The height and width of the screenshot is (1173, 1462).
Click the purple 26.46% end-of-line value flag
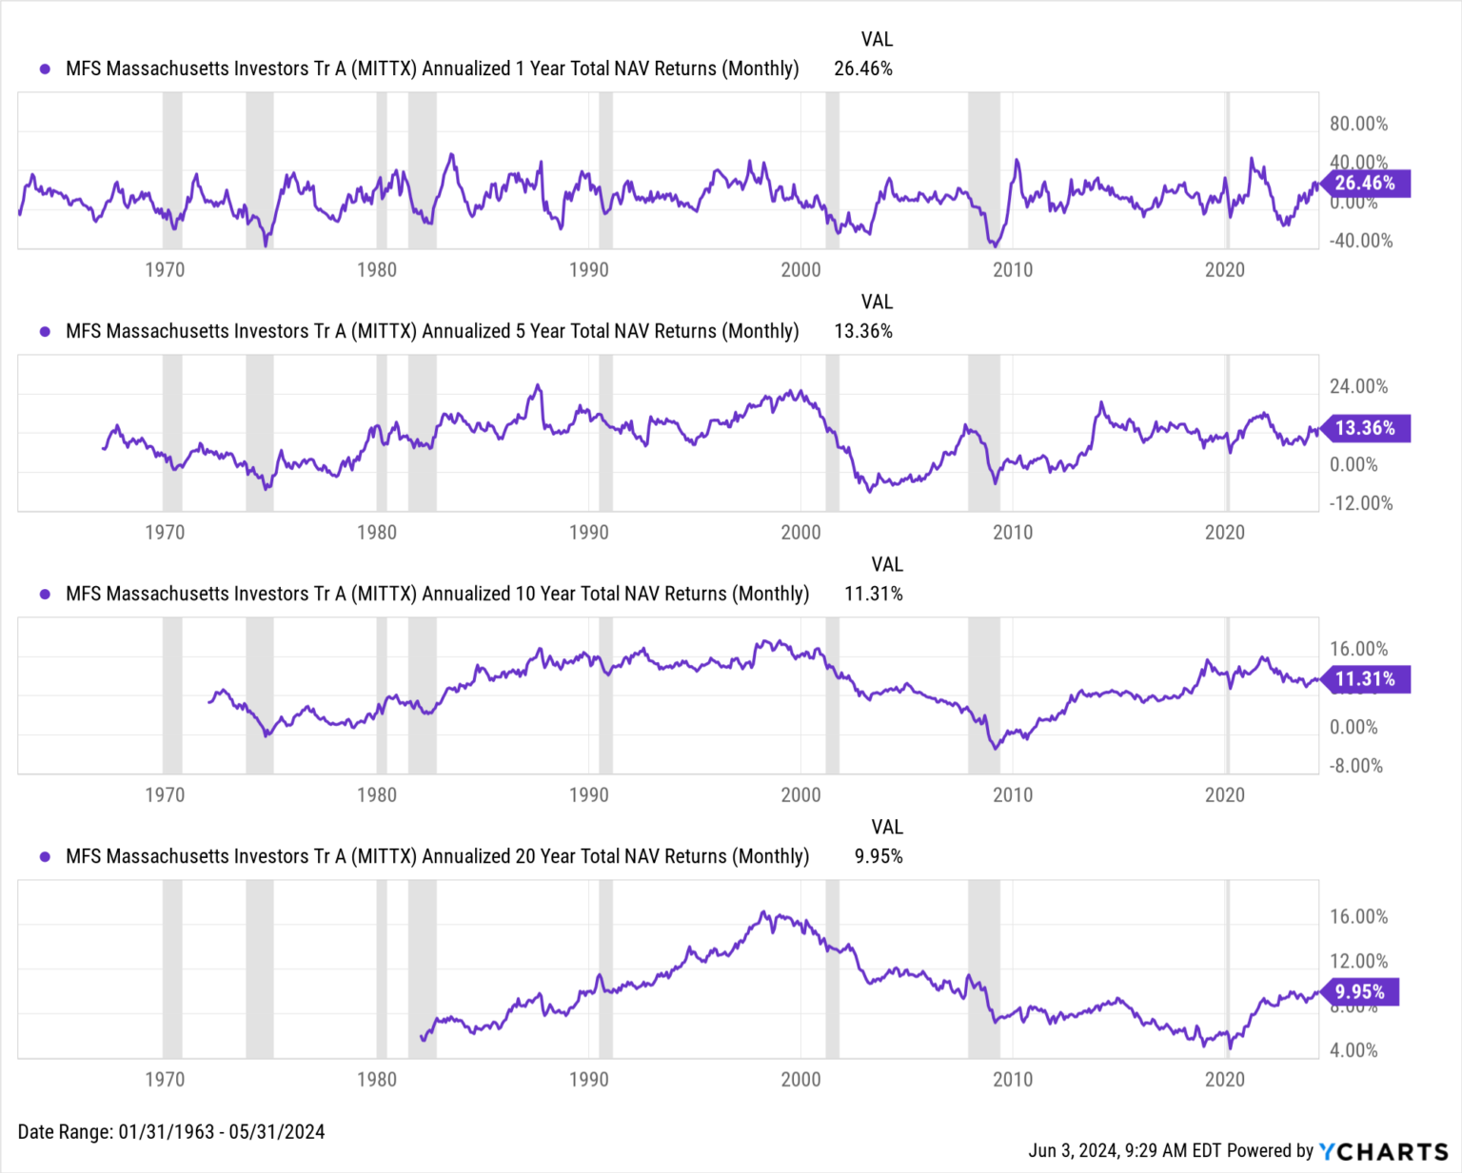click(1365, 184)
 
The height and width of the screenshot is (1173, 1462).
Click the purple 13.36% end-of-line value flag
click(1365, 428)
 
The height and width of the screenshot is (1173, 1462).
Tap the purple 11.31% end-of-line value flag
click(1365, 679)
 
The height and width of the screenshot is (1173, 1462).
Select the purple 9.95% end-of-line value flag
click(1359, 992)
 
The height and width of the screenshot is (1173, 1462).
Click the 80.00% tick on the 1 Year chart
click(1358, 124)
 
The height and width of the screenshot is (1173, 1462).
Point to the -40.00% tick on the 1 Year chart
click(1360, 241)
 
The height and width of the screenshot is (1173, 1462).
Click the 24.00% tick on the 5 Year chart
click(1358, 386)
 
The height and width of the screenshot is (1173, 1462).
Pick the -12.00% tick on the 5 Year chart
click(1360, 503)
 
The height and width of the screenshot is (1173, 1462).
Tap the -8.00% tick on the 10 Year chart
click(1355, 766)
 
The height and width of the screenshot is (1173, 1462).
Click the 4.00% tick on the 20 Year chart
click(1353, 1050)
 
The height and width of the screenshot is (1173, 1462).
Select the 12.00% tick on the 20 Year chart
click(1358, 961)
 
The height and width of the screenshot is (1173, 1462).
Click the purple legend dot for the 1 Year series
click(45, 68)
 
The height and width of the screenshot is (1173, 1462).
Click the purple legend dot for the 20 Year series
click(45, 856)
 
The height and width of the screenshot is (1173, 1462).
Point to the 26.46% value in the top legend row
click(862, 68)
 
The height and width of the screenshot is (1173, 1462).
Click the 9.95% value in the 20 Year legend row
click(878, 856)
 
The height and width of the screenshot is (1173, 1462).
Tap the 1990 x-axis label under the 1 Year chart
click(588, 270)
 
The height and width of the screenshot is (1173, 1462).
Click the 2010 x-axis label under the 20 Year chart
click(1012, 1080)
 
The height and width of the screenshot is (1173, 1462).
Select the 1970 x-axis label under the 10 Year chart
click(164, 795)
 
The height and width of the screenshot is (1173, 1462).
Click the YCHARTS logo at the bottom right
click(1383, 1151)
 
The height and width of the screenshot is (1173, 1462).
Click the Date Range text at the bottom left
click(171, 1132)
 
